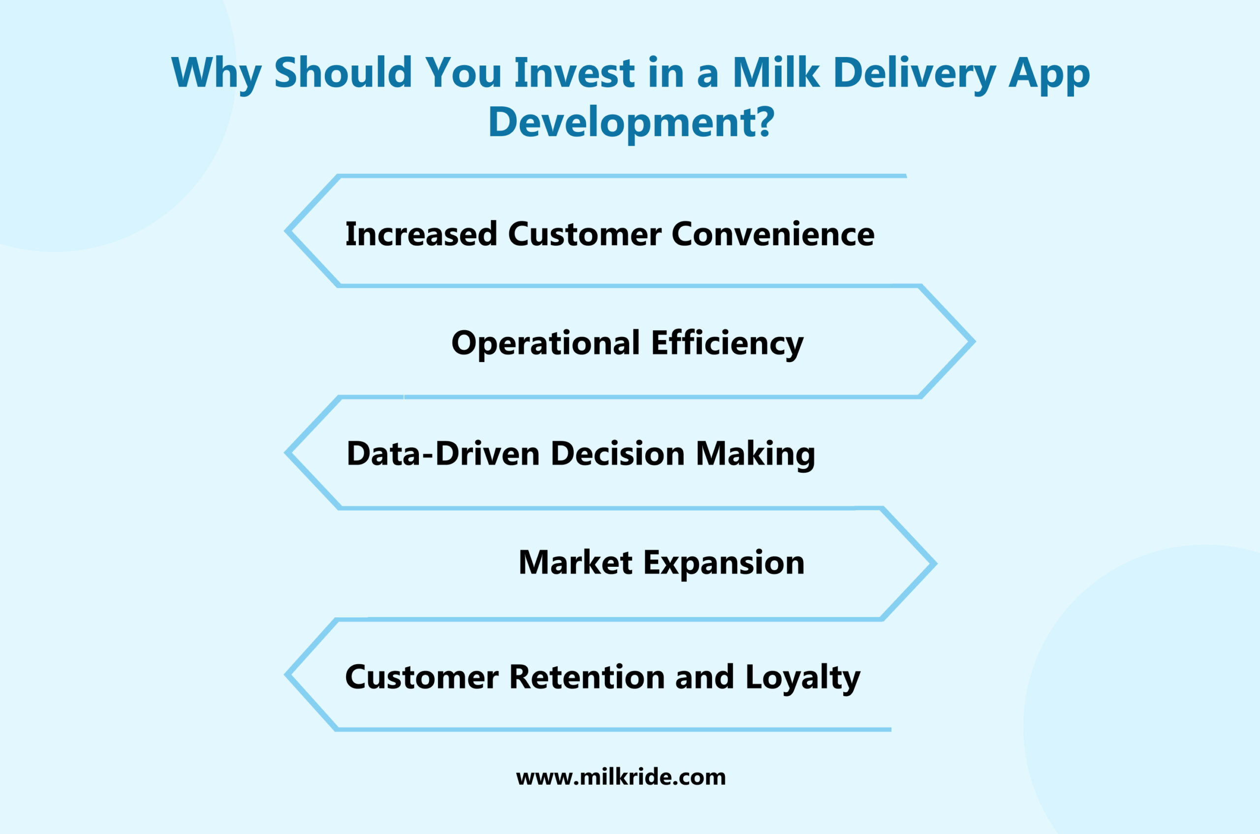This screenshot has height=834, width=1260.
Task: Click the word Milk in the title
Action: coord(776,72)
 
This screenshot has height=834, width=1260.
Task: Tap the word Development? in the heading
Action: coord(631,122)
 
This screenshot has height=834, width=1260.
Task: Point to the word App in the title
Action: coord(1049,72)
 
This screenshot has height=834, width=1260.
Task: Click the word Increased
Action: coord(421,234)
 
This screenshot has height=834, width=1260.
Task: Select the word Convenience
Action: coord(773,234)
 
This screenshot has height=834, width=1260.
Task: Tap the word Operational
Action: coord(545,343)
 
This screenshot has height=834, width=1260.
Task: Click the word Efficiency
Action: coord(727,343)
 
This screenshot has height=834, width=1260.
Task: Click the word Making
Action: coord(755,454)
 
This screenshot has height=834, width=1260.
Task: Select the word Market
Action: coord(575,563)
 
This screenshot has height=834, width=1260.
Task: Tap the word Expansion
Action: coord(724,563)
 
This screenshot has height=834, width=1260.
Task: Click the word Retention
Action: coord(587,677)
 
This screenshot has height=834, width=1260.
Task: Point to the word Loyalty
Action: coord(802,677)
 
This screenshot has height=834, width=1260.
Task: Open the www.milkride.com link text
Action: coord(621,777)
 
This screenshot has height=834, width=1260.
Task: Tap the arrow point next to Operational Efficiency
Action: coord(972,341)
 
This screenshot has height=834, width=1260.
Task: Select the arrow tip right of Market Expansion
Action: coord(933,563)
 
